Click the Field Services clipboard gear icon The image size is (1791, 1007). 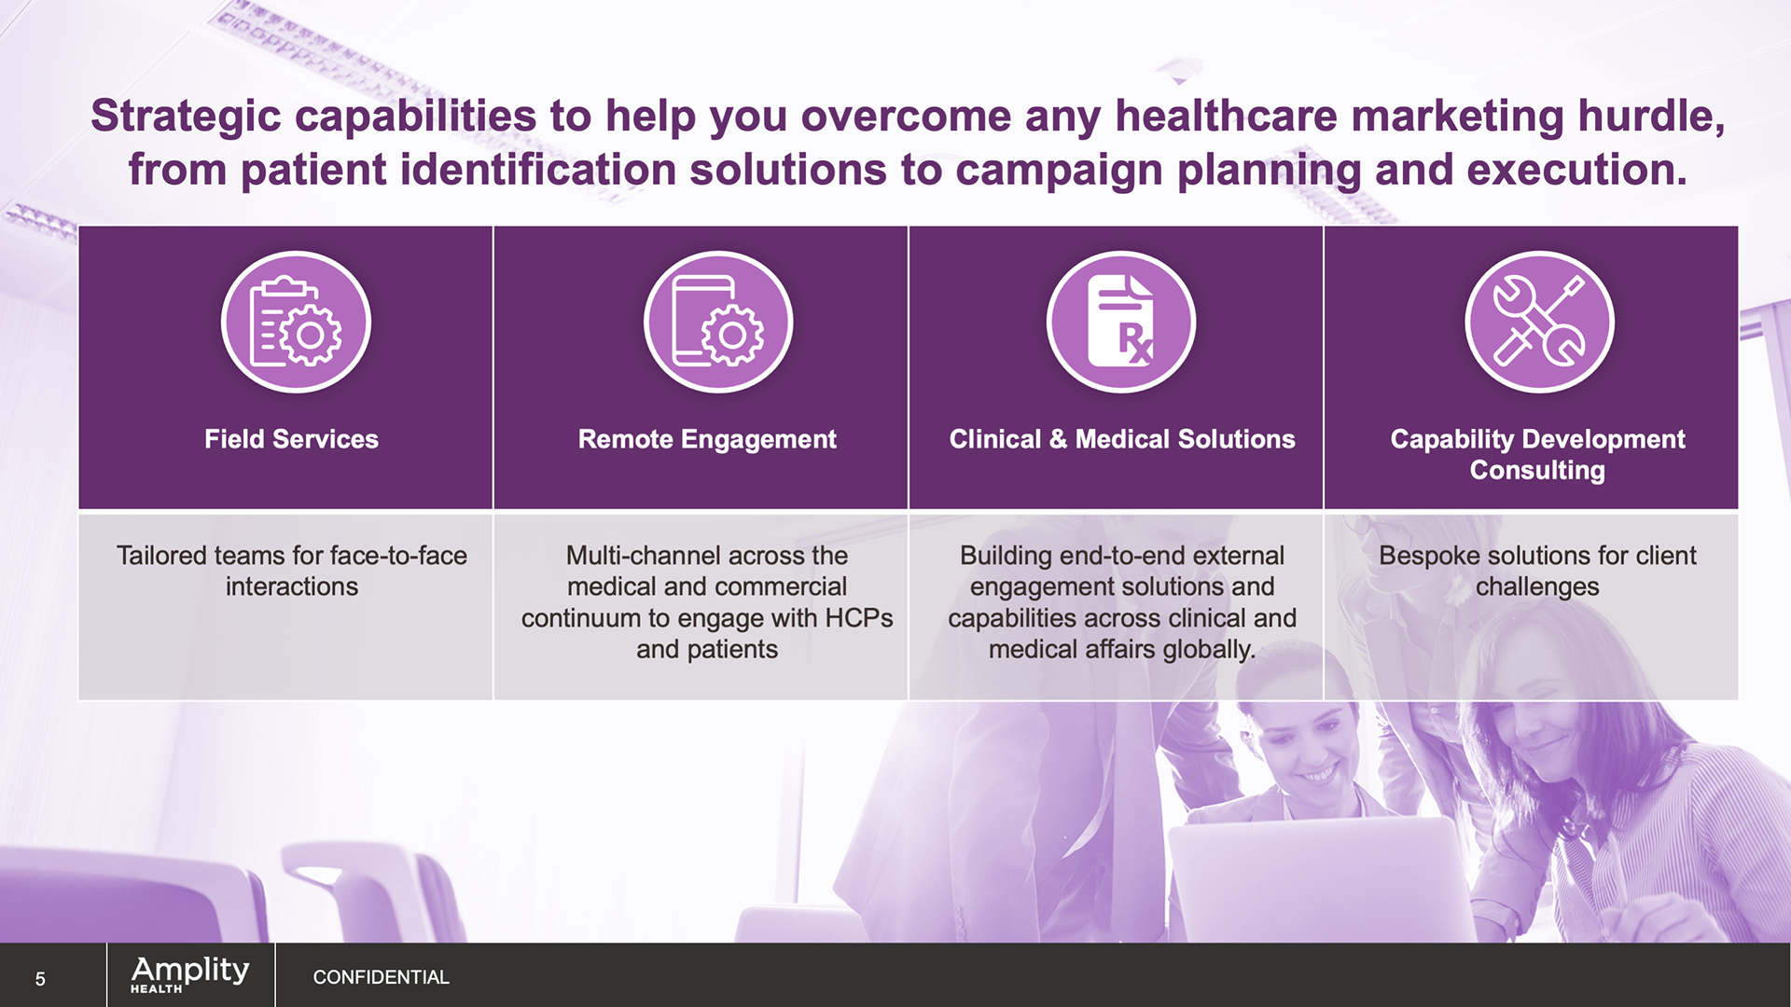pyautogui.click(x=296, y=322)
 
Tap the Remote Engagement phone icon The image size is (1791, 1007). pyautogui.click(x=718, y=322)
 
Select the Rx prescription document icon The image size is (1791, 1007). pyautogui.click(x=1121, y=322)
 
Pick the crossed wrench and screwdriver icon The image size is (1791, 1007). pyautogui.click(x=1539, y=322)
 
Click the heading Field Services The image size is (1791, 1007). pyautogui.click(x=291, y=439)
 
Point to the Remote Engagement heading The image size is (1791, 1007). pyautogui.click(x=707, y=439)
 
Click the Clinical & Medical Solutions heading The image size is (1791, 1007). pyautogui.click(x=1122, y=439)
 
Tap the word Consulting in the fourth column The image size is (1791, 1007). pyautogui.click(x=1537, y=471)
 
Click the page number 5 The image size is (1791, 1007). pyautogui.click(x=40, y=978)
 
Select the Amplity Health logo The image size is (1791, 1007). pyautogui.click(x=190, y=974)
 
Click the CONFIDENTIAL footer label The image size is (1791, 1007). pyautogui.click(x=381, y=977)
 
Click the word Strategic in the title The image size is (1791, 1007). pyautogui.click(x=186, y=117)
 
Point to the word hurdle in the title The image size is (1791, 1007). pyautogui.click(x=1651, y=117)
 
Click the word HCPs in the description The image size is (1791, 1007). pyautogui.click(x=859, y=618)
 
